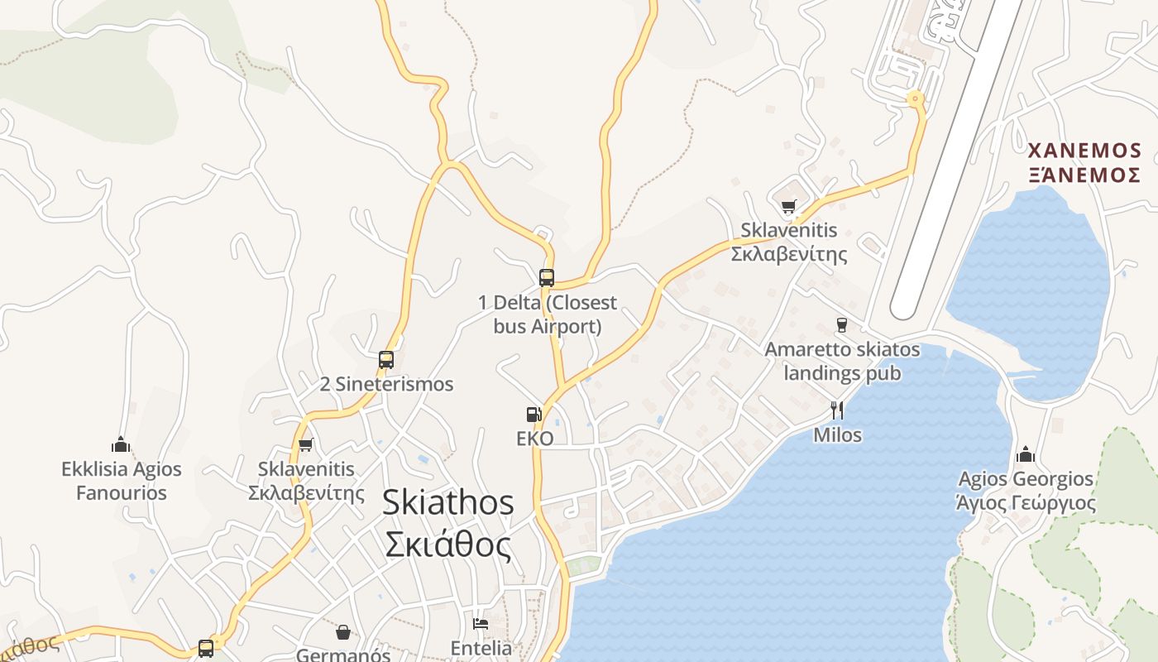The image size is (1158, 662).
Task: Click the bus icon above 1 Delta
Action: coord(546,277)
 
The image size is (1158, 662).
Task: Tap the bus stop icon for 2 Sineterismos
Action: coord(386,360)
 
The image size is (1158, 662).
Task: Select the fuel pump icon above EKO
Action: coord(534,415)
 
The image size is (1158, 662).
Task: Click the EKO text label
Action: coord(534,439)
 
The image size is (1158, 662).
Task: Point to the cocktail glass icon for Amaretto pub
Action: coord(842,324)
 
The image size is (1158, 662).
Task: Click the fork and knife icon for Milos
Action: coord(837,410)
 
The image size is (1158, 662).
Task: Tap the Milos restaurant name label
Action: coord(837,435)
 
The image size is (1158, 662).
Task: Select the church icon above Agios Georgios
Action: coord(1026,454)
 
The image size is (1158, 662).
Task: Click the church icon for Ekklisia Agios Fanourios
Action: coord(121,445)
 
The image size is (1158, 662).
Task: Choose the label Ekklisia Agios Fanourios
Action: coord(121,481)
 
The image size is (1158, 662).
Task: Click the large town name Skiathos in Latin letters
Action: coord(447,503)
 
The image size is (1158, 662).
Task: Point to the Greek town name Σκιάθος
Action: coord(447,544)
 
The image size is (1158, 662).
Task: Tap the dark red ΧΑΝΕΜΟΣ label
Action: coord(1084,151)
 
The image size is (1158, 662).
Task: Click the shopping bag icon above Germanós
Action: coord(343,633)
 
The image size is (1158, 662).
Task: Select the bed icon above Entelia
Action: coord(481,624)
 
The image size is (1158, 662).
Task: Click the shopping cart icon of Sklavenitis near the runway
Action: coord(788,207)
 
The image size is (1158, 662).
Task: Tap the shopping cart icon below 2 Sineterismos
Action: coord(306,445)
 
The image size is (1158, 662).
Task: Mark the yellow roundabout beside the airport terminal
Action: coord(915,99)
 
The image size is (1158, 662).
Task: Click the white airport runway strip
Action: coord(959,157)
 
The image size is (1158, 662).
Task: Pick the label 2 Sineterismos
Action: coord(386,384)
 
